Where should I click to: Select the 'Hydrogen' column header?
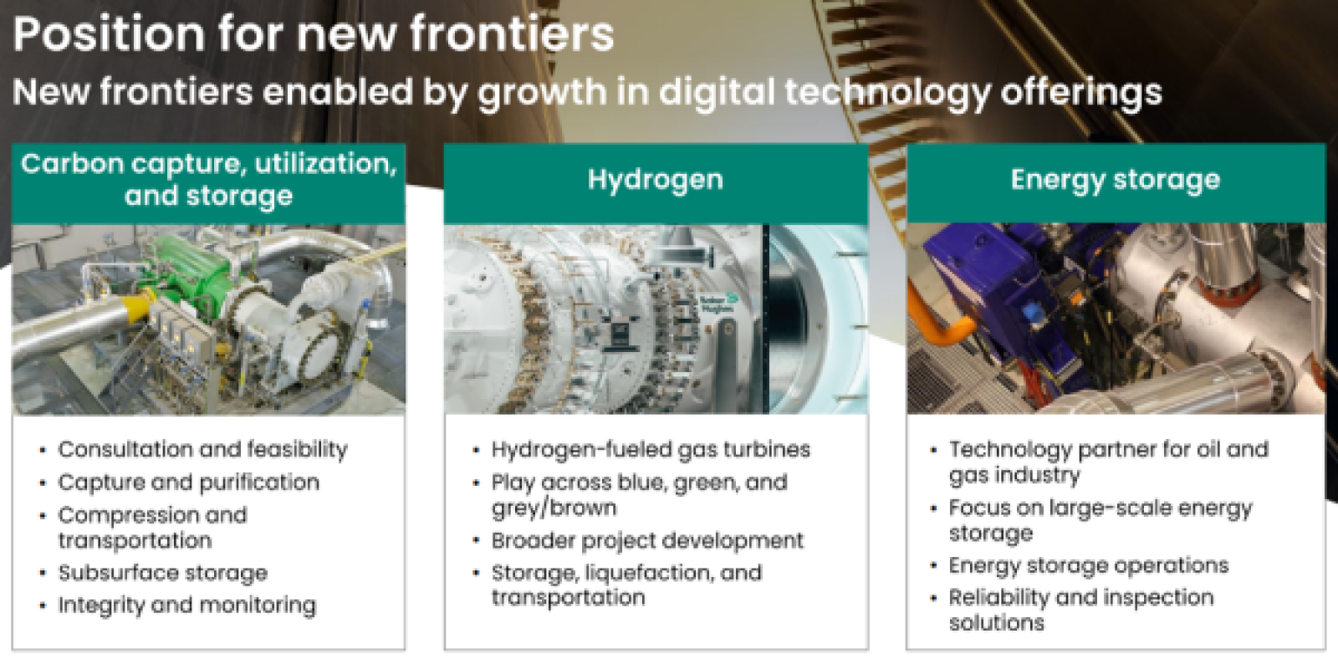(x=655, y=180)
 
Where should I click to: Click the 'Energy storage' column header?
(x=1115, y=180)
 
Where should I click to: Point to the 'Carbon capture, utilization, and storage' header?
(x=208, y=179)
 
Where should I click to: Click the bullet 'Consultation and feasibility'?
(x=202, y=449)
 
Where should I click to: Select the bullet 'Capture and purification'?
(x=188, y=483)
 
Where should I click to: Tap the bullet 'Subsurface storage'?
(x=162, y=573)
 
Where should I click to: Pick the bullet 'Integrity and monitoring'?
(x=186, y=605)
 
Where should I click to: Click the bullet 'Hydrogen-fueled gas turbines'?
(x=651, y=449)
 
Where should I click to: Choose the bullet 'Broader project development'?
(x=647, y=540)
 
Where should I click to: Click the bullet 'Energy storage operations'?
(x=1088, y=565)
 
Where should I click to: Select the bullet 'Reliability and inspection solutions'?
(x=1080, y=610)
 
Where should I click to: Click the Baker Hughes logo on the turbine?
(x=718, y=303)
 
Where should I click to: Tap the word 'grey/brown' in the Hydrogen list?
(x=554, y=508)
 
